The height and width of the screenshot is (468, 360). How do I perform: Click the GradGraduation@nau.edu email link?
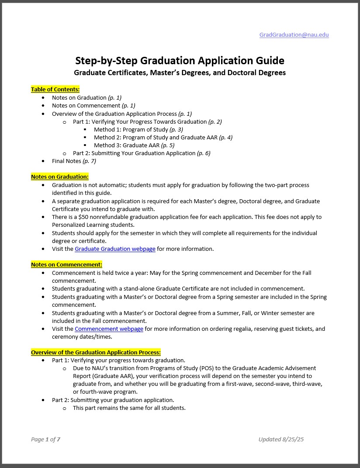[x=294, y=35]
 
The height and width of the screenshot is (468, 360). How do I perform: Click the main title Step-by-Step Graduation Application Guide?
[x=180, y=60]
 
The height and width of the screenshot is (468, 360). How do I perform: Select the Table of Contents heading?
[x=55, y=89]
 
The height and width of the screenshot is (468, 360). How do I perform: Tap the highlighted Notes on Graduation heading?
[x=59, y=177]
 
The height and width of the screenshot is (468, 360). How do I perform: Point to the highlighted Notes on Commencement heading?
[x=66, y=264]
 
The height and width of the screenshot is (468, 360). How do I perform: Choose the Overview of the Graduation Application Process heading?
[x=96, y=352]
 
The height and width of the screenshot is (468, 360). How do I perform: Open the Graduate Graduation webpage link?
[x=115, y=249]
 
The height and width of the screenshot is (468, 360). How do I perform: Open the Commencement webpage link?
[x=109, y=329]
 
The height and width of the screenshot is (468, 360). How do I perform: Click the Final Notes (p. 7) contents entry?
[x=74, y=161]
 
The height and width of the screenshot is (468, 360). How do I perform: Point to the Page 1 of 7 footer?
[x=45, y=439]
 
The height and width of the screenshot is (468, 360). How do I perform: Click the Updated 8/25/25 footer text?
[x=280, y=439]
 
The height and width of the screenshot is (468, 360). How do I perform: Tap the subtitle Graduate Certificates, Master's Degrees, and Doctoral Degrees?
[x=180, y=73]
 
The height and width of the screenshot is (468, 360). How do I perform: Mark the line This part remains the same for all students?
[x=129, y=408]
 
